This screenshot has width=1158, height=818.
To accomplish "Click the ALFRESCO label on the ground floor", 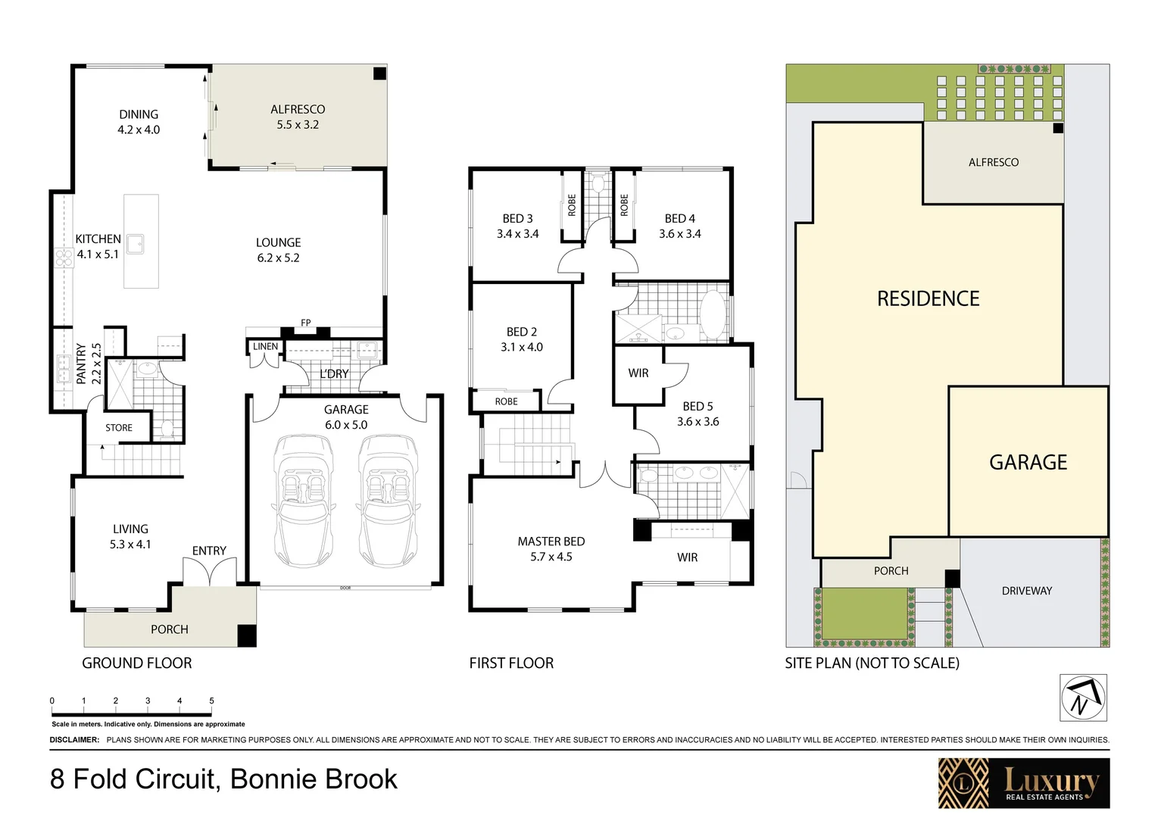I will (298, 110).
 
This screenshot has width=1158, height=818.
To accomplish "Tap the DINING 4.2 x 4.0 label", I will (139, 122).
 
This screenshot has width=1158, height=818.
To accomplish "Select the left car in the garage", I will (303, 500).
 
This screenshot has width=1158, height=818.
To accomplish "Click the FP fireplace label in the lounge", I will (306, 323).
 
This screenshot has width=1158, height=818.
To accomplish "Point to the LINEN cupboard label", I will (265, 347).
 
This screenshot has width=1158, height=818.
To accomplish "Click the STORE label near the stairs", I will (119, 428).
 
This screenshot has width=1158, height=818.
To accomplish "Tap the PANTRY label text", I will (81, 364).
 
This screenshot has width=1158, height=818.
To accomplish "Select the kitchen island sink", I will (136, 244).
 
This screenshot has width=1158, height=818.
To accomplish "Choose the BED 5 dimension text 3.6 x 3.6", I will (698, 422).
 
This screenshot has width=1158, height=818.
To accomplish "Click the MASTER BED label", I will (551, 542).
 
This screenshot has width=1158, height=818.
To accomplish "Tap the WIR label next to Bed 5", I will (638, 373).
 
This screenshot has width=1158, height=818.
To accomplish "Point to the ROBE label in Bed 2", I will (506, 401).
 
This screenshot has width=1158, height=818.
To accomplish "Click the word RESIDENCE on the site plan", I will (928, 299).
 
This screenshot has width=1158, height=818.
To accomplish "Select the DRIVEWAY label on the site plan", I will (1026, 591).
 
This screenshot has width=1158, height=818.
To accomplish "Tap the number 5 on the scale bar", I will (211, 701).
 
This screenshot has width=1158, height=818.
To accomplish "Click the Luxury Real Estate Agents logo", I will (1023, 783).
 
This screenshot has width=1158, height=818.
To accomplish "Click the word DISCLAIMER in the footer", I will (74, 740).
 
